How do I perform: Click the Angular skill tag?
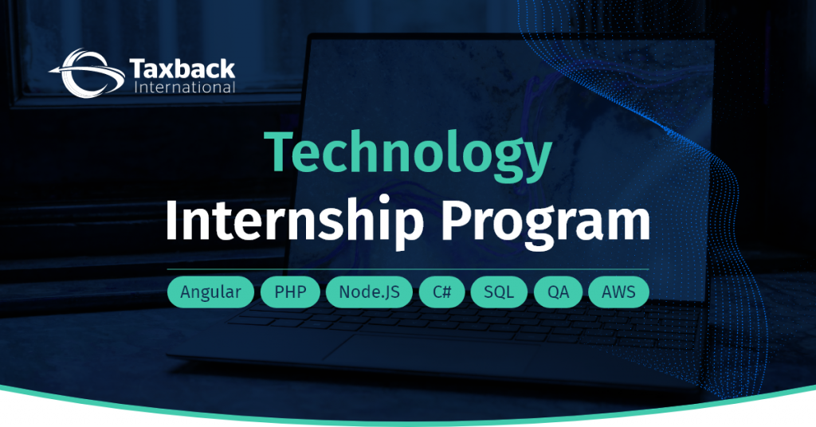coord(210,292)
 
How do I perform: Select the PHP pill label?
coord(290,292)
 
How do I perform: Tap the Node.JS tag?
coord(369,292)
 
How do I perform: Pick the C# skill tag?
coord(441,292)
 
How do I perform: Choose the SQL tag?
coord(499,292)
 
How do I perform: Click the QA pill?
coord(558,292)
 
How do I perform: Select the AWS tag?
coord(618,292)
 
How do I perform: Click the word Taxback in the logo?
coord(182,69)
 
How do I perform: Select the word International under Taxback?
coord(185,87)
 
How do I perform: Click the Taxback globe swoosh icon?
coord(87,72)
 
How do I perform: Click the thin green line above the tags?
coord(408,269)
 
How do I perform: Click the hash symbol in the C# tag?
coord(446,292)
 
